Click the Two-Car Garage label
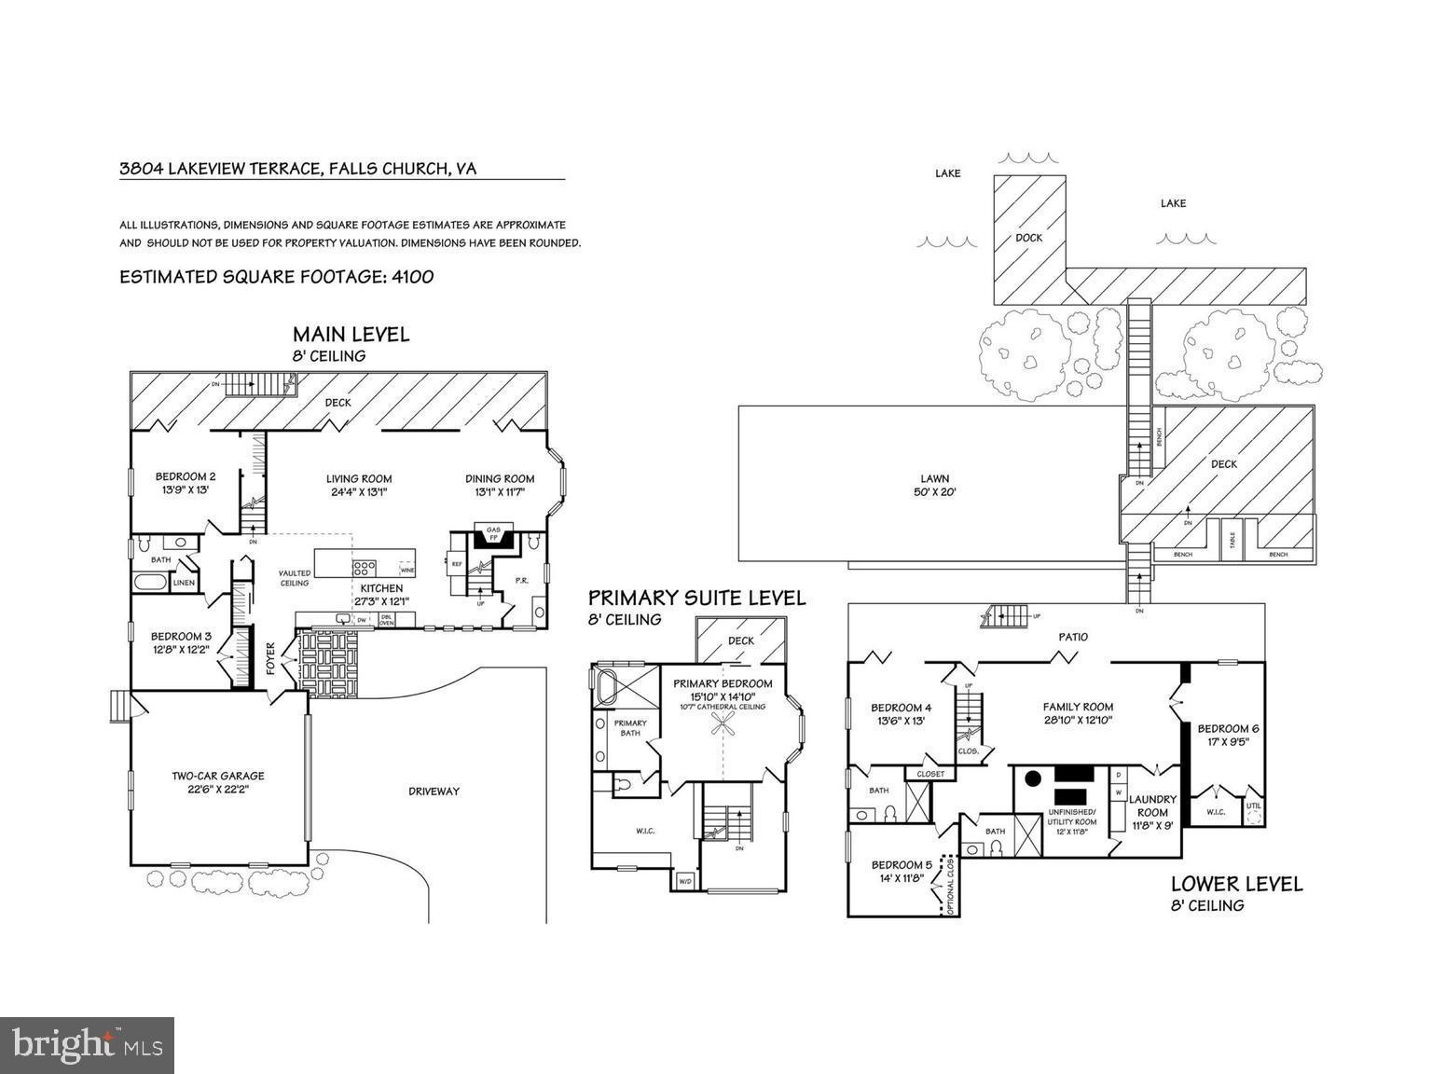click(217, 775)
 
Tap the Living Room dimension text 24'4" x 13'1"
click(358, 492)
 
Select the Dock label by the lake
click(1028, 238)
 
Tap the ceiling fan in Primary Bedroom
click(724, 728)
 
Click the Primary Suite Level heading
click(696, 599)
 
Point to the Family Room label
click(1078, 707)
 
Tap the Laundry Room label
click(1152, 799)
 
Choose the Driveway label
click(434, 792)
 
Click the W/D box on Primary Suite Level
click(685, 880)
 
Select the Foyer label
click(271, 660)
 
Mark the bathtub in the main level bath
click(150, 583)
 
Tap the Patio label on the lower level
click(1073, 637)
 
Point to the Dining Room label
click(500, 479)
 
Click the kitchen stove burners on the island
click(364, 567)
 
